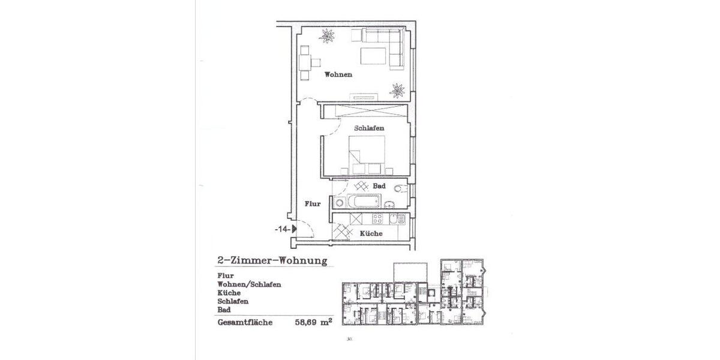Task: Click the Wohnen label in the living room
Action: tap(338, 75)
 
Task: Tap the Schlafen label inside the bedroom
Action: tap(369, 128)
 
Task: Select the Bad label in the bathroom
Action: tap(379, 186)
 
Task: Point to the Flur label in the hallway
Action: tap(313, 204)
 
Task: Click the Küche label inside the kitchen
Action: tap(371, 233)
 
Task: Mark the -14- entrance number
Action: tap(283, 229)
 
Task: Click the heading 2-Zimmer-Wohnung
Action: tap(272, 261)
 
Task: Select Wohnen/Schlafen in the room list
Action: tap(249, 284)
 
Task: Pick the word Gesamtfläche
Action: tap(245, 322)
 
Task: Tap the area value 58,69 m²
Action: tap(314, 322)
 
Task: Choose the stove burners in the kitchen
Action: tap(379, 218)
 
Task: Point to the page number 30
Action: tap(349, 339)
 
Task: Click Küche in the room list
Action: tap(229, 292)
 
